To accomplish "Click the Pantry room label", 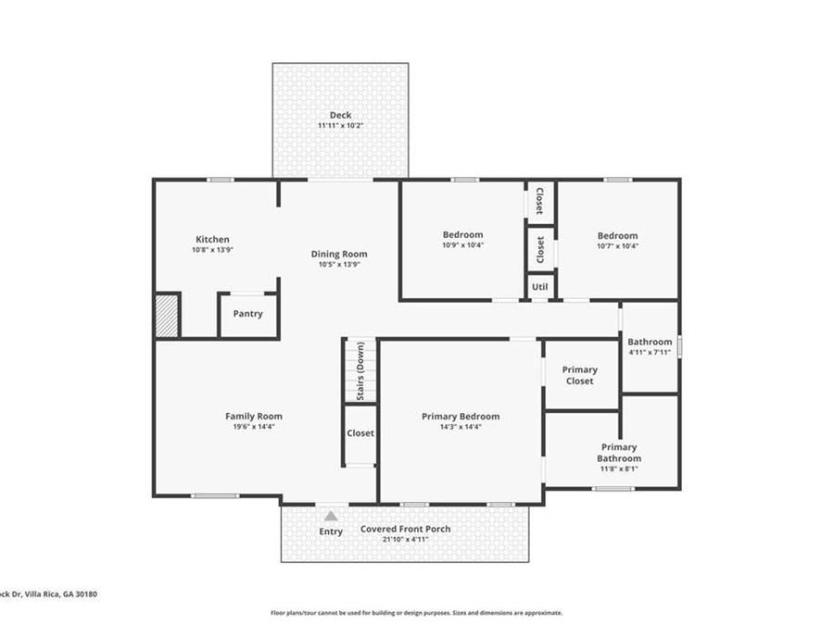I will click(x=247, y=314).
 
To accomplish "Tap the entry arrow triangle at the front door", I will click(x=331, y=517).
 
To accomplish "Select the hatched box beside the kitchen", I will click(x=167, y=315).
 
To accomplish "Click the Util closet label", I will click(x=540, y=288).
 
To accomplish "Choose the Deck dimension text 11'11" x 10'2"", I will click(x=340, y=126).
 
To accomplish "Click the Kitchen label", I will click(x=211, y=239).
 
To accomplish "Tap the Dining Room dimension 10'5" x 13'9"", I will click(x=338, y=265).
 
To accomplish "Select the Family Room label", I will click(x=253, y=416).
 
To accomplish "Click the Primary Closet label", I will click(x=579, y=375).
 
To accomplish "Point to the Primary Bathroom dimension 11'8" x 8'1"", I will click(x=618, y=469).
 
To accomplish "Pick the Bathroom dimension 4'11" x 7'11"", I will click(x=649, y=353).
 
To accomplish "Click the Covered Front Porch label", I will click(x=405, y=529).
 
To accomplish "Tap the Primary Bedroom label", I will click(x=461, y=417).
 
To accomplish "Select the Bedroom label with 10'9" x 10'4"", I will click(x=462, y=235).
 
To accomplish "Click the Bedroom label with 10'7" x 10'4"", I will click(x=617, y=235).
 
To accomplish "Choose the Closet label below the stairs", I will click(x=360, y=433).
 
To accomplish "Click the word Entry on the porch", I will click(x=331, y=531).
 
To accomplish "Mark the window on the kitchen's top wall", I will click(x=220, y=180).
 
